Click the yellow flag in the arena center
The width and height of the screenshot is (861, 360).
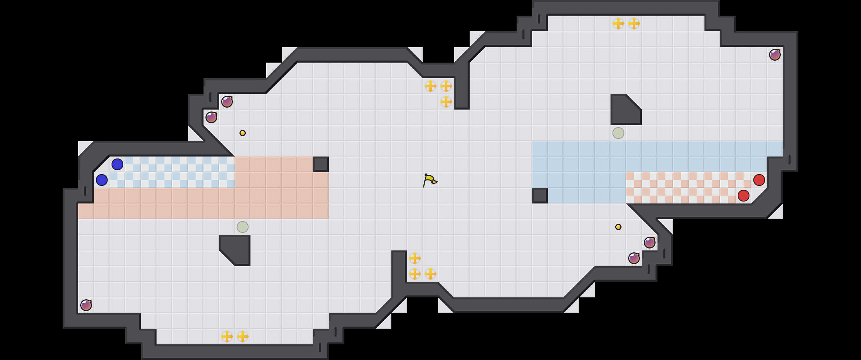pyautogui.click(x=430, y=180)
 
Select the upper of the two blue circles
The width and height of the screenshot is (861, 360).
pyautogui.click(x=117, y=164)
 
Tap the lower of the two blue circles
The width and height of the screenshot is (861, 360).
pyautogui.click(x=102, y=180)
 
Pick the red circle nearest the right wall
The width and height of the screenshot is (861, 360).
pyautogui.click(x=759, y=180)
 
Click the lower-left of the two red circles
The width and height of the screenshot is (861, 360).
pyautogui.click(x=744, y=196)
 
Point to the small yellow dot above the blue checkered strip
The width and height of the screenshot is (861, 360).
pyautogui.click(x=243, y=133)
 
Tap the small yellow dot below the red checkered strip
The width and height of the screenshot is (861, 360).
pyautogui.click(x=618, y=227)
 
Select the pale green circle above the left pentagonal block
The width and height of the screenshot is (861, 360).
pyautogui.click(x=243, y=227)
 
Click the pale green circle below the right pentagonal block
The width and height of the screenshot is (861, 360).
pyautogui.click(x=618, y=133)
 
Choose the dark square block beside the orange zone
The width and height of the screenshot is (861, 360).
pyautogui.click(x=321, y=164)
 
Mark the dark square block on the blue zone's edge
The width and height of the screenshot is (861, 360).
pyautogui.click(x=540, y=196)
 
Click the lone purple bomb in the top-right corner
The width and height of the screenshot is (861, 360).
pyautogui.click(x=775, y=55)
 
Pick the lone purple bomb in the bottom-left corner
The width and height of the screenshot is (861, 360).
pyautogui.click(x=86, y=305)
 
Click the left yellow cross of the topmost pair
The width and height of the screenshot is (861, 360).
pyautogui.click(x=618, y=23)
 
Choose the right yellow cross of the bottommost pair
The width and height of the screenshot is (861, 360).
pyautogui.click(x=243, y=337)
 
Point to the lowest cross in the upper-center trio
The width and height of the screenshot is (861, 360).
pyautogui.click(x=446, y=102)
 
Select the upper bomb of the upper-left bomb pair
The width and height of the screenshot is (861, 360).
pyautogui.click(x=227, y=102)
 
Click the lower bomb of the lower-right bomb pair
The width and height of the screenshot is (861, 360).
pyautogui.click(x=634, y=258)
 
